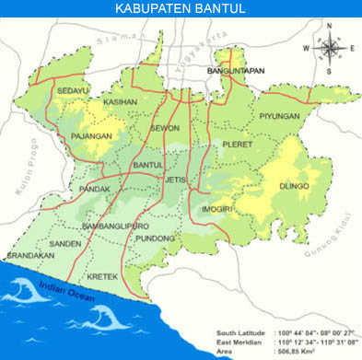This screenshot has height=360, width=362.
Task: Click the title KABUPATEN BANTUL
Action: [181, 8]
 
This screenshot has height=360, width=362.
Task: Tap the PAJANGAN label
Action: [91, 135]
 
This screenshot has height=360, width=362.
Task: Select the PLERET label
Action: [237, 145]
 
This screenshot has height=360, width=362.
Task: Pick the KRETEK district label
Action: [101, 275]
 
